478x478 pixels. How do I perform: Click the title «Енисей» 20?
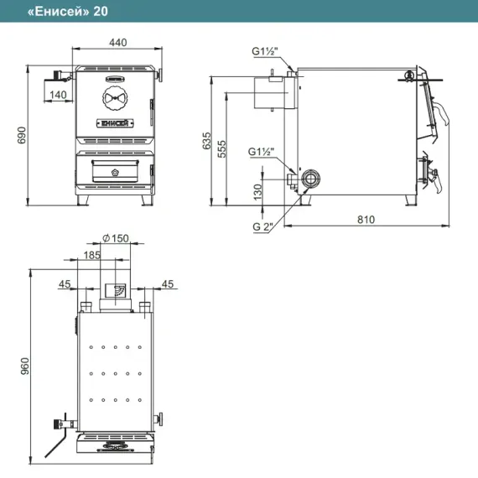coord(68,11)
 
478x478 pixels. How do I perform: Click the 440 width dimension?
coord(118,43)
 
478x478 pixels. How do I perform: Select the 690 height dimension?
coord(22,135)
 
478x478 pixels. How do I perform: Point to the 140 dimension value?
coord(58,95)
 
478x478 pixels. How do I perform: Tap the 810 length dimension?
coord(366,220)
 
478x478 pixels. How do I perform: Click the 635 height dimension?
coord(206,141)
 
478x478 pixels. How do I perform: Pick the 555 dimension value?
coord(221,148)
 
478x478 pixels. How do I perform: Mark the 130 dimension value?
coord(257,192)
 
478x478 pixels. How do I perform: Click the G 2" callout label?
coord(262,226)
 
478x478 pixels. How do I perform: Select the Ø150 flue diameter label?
coord(115,238)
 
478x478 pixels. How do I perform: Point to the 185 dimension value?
coord(91,255)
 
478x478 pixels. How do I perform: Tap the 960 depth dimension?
coord(24,366)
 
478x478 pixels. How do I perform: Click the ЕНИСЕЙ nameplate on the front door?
coord(115,123)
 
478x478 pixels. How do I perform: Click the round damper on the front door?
coord(115,98)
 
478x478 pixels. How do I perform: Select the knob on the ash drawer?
coord(115,173)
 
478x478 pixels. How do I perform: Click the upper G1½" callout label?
coord(265,51)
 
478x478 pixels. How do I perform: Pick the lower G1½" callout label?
coord(262,152)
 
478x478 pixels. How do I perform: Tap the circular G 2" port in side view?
coord(310,179)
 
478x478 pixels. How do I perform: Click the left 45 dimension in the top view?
coord(65,284)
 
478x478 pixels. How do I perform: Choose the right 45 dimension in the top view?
coord(168,284)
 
